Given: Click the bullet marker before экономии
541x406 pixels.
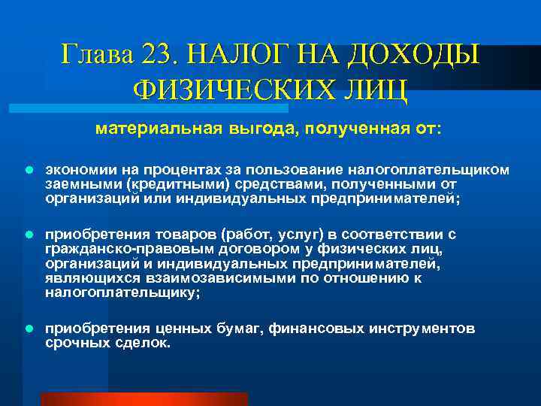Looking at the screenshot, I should click(28, 170).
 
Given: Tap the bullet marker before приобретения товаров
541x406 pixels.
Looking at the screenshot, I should click(28, 235).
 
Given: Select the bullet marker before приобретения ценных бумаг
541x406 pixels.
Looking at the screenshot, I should click(28, 329).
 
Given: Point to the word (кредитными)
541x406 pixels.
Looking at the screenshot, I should click(169, 184).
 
